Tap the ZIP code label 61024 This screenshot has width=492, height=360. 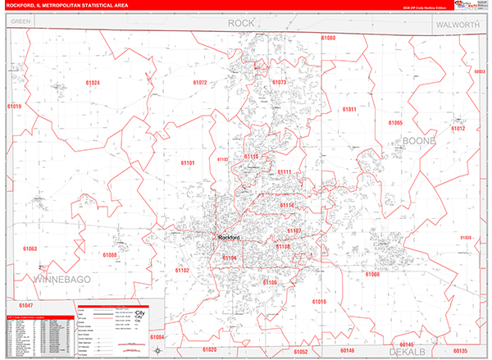(92, 83)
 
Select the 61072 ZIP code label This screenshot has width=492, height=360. (200, 83)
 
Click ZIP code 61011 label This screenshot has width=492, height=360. (349, 109)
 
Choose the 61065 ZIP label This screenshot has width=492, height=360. (395, 123)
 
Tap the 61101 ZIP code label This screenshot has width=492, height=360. (188, 163)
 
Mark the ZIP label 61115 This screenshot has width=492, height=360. (251, 156)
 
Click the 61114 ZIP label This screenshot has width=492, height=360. (286, 205)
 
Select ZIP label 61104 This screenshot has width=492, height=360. (230, 258)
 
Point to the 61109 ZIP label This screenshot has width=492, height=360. (270, 282)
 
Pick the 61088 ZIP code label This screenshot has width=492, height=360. (110, 255)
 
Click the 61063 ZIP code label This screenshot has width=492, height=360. (30, 248)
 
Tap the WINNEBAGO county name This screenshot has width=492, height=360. (61, 281)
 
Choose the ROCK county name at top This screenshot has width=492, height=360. (241, 23)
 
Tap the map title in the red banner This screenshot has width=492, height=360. (67, 6)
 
